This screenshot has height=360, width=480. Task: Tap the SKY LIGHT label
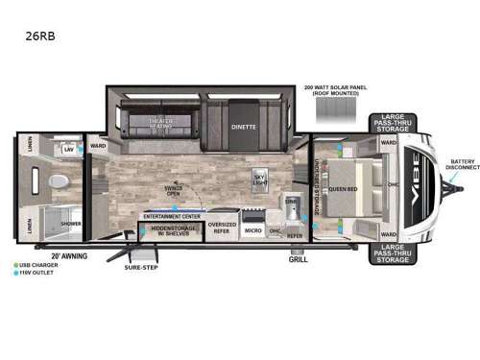[258, 178]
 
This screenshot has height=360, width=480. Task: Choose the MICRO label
[252, 230]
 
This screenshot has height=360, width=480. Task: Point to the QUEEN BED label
[343, 189]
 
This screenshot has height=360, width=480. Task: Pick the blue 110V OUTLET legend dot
[16, 274]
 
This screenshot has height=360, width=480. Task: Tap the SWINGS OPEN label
[173, 188]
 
